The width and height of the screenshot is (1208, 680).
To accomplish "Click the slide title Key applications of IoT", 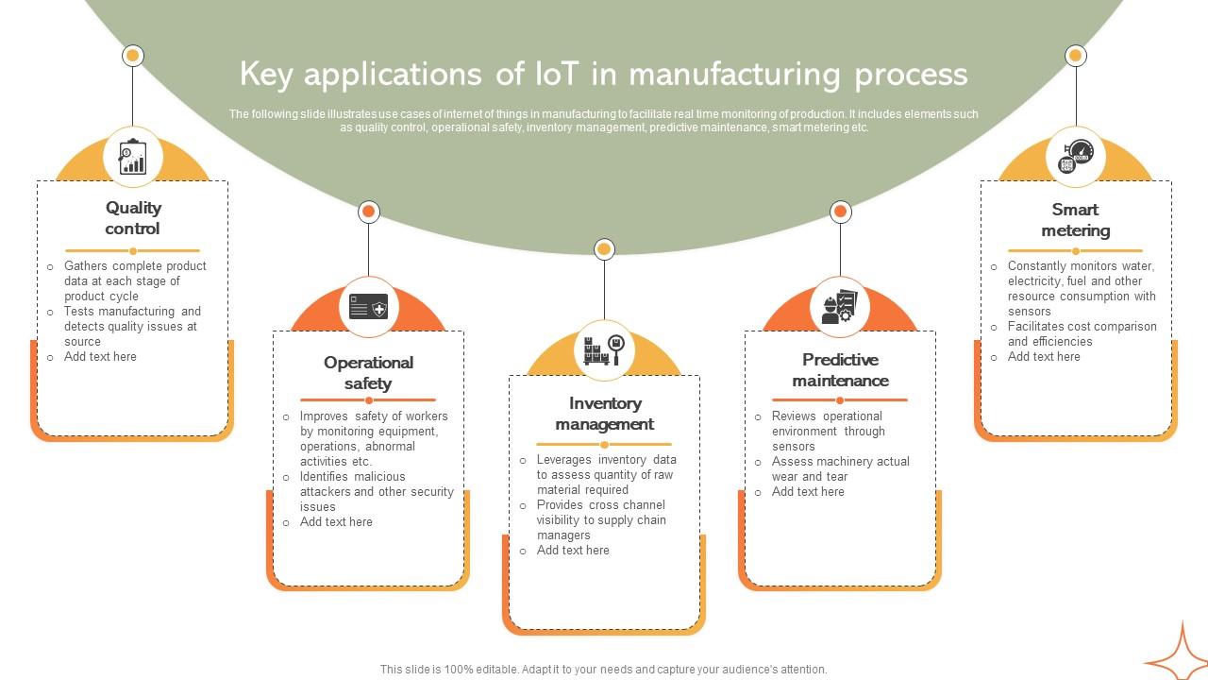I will click(x=603, y=74).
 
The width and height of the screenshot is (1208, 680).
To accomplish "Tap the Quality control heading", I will click(x=133, y=218).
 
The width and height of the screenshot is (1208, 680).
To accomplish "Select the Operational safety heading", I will click(x=368, y=373).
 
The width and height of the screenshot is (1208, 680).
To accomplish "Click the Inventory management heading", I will click(x=604, y=414).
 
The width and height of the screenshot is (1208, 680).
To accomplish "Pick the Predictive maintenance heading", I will click(x=840, y=370).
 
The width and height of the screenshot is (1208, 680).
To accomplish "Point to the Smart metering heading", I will click(x=1075, y=220).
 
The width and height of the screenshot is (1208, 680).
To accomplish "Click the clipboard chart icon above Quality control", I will click(x=133, y=157).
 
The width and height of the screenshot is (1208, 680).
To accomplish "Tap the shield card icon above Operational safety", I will click(x=368, y=307).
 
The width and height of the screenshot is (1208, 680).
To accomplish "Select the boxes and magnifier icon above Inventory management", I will click(x=604, y=349).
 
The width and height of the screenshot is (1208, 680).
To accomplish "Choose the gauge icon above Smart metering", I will click(x=1075, y=157).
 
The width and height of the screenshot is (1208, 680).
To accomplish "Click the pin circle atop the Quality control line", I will click(x=133, y=56).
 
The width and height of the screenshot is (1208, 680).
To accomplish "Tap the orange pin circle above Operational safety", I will click(x=369, y=212).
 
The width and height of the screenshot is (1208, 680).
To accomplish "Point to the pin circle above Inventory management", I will click(x=604, y=249).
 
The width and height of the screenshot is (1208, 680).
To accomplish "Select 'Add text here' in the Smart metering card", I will click(x=1044, y=357).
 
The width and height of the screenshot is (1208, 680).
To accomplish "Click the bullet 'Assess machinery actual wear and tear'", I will click(x=840, y=469).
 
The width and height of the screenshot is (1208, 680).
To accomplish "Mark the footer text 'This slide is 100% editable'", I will click(x=603, y=670).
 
